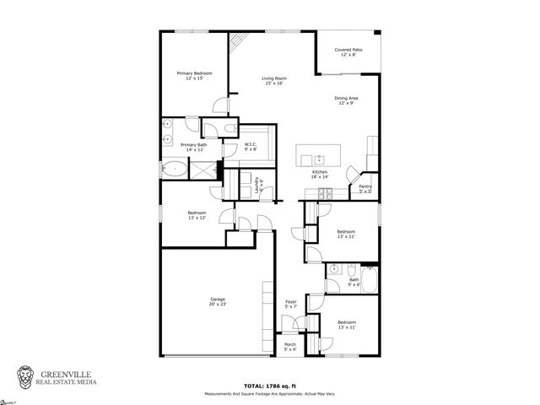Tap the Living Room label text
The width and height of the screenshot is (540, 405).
[x=273, y=81]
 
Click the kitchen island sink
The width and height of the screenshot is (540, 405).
[x=320, y=159]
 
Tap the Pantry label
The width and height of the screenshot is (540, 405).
[x=365, y=188]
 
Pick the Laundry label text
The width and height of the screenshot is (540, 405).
[x=259, y=186]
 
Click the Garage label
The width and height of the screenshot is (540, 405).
[x=218, y=301]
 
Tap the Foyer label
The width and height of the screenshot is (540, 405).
[x=290, y=304]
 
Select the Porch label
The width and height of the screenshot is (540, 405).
[x=289, y=346]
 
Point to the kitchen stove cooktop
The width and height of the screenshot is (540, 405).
[x=324, y=195]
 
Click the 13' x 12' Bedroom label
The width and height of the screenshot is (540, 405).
[x=197, y=214]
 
